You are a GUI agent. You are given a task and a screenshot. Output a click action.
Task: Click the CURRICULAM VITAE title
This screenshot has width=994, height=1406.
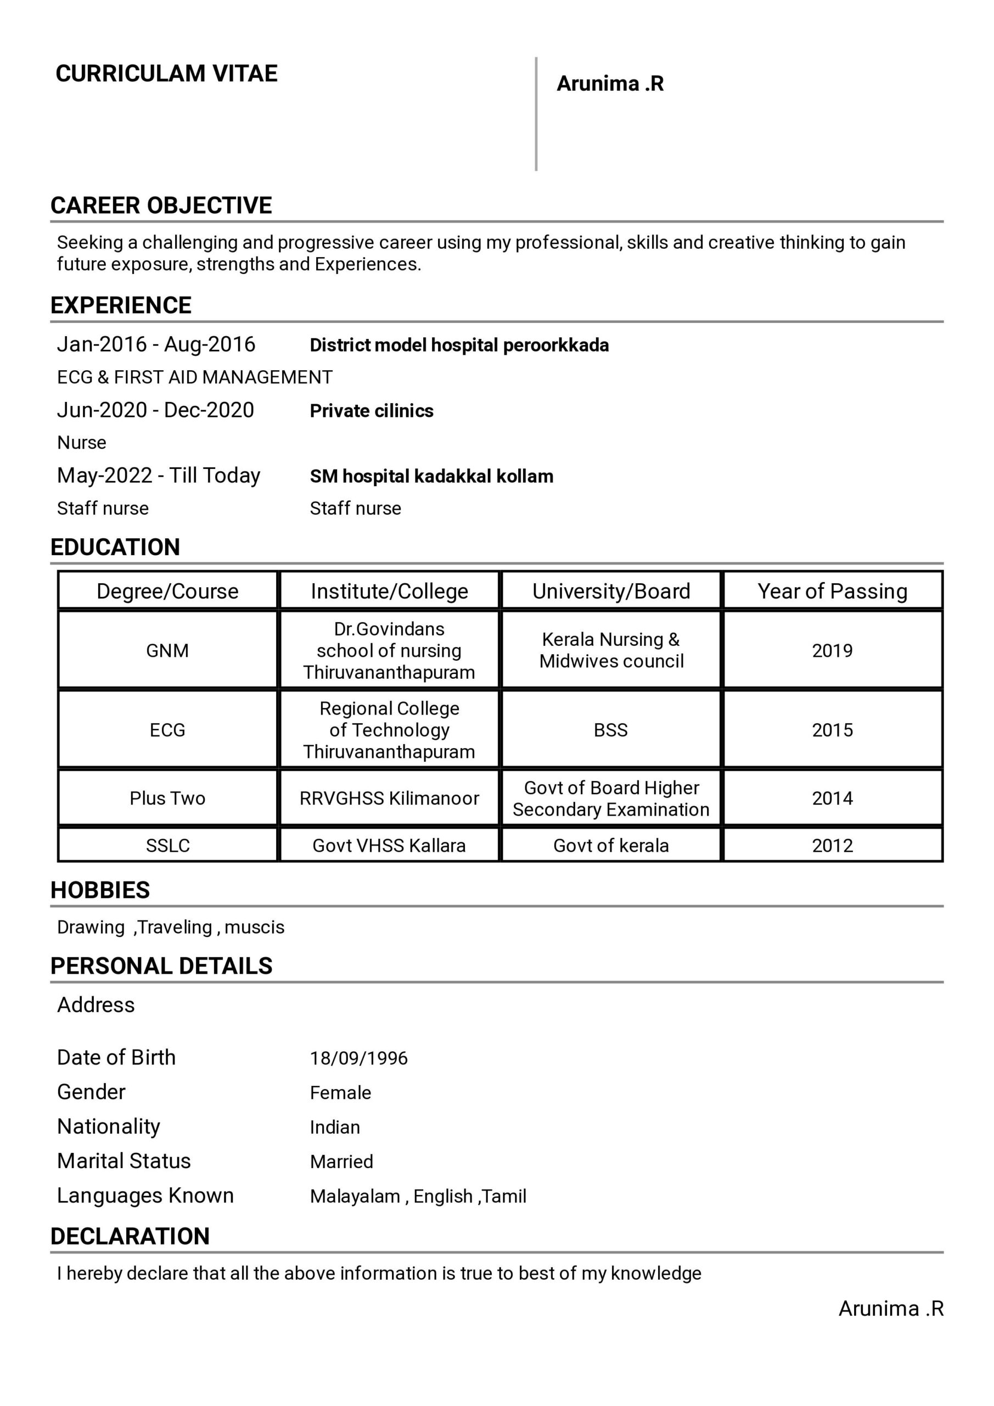[x=166, y=74]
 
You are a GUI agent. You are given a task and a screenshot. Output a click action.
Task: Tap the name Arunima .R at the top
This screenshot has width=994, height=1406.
[x=610, y=83]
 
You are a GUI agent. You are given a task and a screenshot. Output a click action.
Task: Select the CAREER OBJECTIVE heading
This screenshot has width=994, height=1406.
[x=161, y=205]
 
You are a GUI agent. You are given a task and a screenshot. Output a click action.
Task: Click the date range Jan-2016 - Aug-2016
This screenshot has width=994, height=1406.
[x=156, y=344]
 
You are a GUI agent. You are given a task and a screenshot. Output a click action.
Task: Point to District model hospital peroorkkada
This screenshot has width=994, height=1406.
[x=459, y=345]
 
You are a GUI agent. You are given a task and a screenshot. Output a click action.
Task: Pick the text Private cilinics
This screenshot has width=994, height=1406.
[x=372, y=411]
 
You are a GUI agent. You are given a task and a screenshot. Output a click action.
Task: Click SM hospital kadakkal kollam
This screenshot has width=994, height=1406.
[x=431, y=476]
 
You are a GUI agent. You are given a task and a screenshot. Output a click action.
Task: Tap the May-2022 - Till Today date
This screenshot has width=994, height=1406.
[x=159, y=475]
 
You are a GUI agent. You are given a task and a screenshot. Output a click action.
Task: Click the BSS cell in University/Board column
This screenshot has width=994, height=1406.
[x=610, y=730]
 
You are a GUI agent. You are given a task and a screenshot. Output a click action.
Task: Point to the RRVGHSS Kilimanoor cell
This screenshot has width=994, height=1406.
[x=389, y=799]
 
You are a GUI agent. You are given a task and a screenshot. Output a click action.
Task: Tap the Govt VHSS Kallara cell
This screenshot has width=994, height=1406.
[x=389, y=846]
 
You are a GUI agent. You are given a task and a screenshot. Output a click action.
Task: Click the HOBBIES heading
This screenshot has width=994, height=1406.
[x=100, y=890]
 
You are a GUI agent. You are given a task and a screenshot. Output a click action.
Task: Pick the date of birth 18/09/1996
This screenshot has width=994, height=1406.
[x=358, y=1058]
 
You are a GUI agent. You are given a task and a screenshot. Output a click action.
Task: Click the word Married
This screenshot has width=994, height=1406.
[x=341, y=1162]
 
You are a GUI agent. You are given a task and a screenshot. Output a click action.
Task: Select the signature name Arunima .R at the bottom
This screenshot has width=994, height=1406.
[x=891, y=1309]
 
